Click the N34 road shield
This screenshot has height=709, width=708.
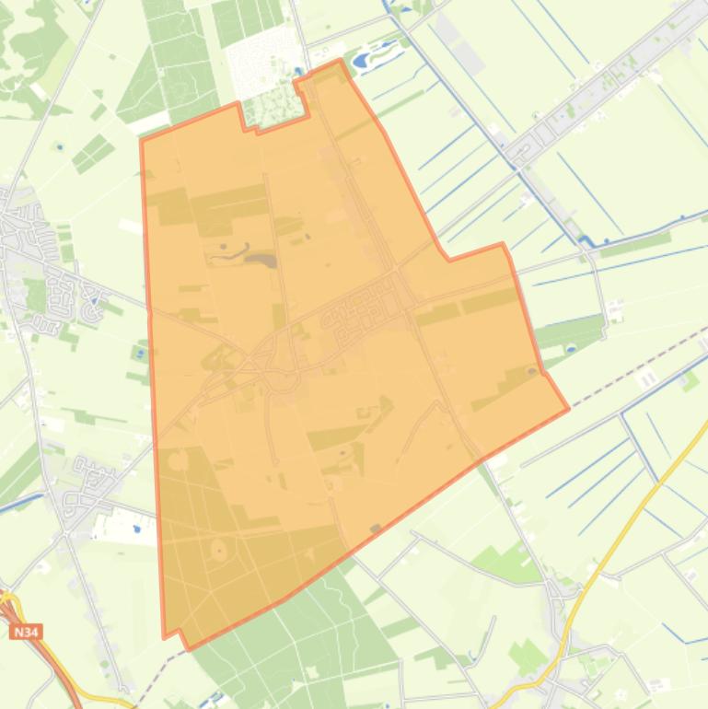(27, 633)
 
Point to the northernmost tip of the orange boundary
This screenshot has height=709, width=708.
(341, 61)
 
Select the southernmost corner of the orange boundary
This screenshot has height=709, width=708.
(189, 648)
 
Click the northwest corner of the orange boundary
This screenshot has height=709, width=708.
(141, 140)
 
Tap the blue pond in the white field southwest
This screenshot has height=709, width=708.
(136, 529)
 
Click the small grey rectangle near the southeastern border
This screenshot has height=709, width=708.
(375, 529)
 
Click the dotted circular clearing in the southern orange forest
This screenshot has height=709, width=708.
(219, 551)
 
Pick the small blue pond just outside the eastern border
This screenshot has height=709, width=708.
(570, 348)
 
